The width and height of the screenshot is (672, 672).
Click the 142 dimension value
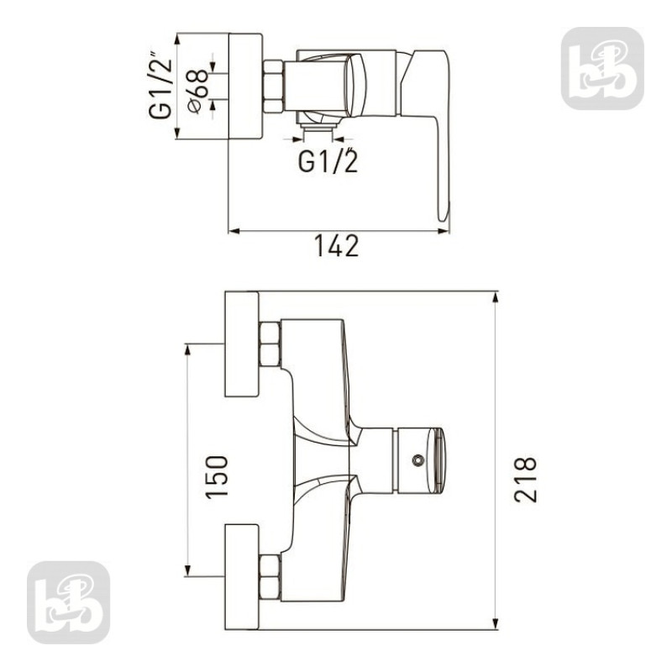pos(337,245)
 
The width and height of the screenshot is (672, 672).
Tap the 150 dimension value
pos(217,477)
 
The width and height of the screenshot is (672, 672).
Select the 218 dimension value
pos(526,480)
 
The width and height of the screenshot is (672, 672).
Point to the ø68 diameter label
pos(198,92)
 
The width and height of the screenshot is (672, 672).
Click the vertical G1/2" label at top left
pos(160,86)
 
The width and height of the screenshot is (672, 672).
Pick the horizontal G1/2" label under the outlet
pos(328,160)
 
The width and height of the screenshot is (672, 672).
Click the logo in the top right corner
pos(602,69)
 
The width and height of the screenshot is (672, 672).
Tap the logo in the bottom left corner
pos(69,602)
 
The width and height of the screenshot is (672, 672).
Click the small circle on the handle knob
pos(417,460)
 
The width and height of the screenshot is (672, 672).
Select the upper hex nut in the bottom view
pos(270,344)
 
